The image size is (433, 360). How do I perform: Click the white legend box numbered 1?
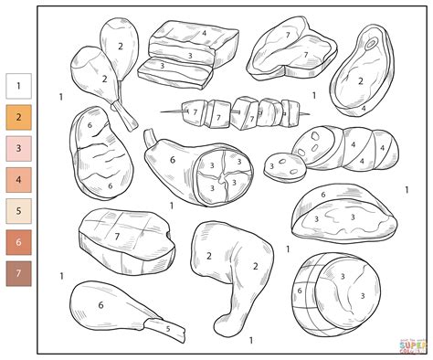pyautogui.click(x=18, y=87)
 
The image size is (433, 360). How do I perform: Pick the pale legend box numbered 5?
pyautogui.click(x=18, y=211)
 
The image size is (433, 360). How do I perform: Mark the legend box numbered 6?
pyautogui.click(x=18, y=242)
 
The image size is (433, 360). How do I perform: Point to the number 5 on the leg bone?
pyautogui.click(x=166, y=326)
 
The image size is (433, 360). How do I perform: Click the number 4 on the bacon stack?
pyautogui.click(x=204, y=34)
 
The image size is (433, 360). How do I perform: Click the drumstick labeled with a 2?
pyautogui.click(x=120, y=46)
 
